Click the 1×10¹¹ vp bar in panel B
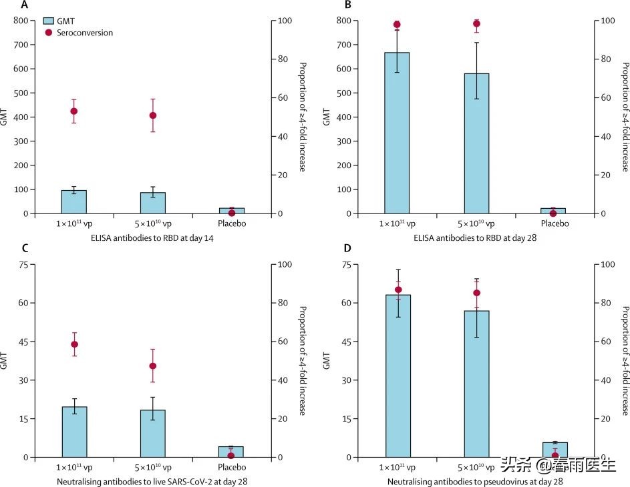(x=397, y=133)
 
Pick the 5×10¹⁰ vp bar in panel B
(x=476, y=143)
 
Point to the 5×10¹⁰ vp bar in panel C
(x=152, y=434)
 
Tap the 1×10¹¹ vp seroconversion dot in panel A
(x=74, y=111)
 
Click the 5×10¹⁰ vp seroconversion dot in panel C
(x=152, y=366)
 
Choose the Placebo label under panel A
(x=231, y=224)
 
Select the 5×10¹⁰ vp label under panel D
(x=476, y=468)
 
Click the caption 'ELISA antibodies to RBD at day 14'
(x=152, y=237)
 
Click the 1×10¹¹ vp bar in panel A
(x=74, y=201)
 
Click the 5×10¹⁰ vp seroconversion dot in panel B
(x=476, y=24)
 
